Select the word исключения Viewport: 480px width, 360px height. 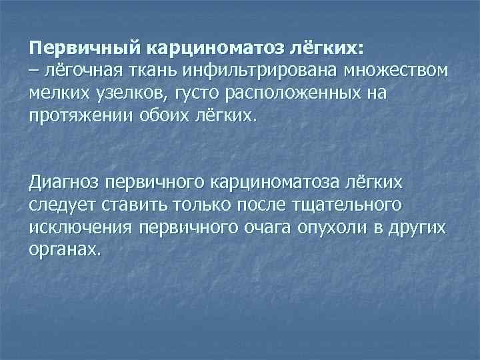(x=81, y=227)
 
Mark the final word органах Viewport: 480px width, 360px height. (x=66, y=249)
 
